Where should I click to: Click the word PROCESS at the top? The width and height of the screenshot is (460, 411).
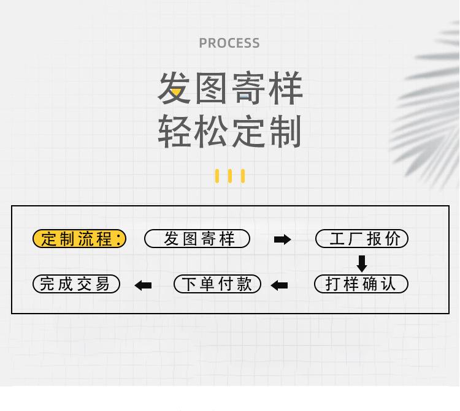pos(229,43)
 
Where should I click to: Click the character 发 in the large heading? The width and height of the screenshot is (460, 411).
pos(175,88)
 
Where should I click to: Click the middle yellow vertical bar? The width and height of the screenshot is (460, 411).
pos(230,176)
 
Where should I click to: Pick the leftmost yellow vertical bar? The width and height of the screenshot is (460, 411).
pos(217,176)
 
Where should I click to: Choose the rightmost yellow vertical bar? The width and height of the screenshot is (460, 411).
pos(243,176)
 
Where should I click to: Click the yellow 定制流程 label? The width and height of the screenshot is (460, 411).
pos(79,239)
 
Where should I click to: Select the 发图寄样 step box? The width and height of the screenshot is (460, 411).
pos(197,239)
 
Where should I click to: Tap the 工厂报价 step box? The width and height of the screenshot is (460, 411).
pos(362,239)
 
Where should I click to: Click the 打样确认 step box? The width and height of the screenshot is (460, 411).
pos(361,284)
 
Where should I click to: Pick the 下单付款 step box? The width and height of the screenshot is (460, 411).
pos(217,284)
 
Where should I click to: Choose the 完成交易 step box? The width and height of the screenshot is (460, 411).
pos(76,284)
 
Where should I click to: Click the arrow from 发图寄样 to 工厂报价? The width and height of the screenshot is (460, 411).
pos(282,239)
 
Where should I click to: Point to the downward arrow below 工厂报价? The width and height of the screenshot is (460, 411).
pos(362,263)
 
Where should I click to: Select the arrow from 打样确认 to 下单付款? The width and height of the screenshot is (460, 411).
pos(279,285)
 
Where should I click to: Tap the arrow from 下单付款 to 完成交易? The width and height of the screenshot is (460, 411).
pos(143,285)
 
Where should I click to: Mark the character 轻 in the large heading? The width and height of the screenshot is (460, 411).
pos(175,131)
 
